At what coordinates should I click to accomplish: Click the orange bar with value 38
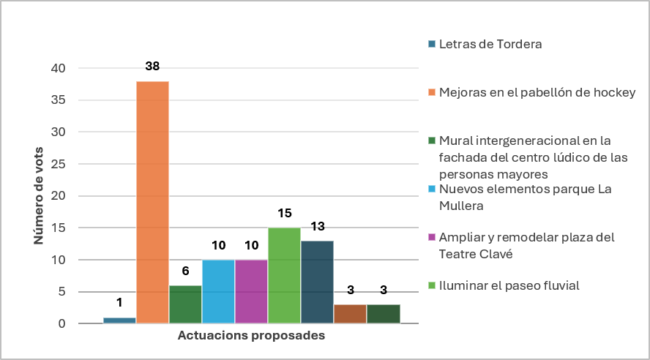pyautogui.click(x=152, y=202)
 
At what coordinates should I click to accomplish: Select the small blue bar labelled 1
pyautogui.click(x=119, y=320)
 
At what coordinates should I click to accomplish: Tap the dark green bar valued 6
pyautogui.click(x=185, y=304)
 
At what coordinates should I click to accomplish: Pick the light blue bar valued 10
pyautogui.click(x=218, y=291)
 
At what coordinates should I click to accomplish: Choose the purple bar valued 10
pyautogui.click(x=251, y=291)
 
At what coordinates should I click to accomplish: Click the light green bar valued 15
pyautogui.click(x=284, y=276)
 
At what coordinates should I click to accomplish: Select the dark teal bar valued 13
pyautogui.click(x=317, y=282)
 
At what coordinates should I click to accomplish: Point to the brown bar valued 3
pyautogui.click(x=351, y=314)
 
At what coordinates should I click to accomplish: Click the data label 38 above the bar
pyautogui.click(x=152, y=66)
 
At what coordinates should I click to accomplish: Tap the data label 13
pyautogui.click(x=318, y=226)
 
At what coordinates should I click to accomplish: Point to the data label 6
pyautogui.click(x=185, y=271)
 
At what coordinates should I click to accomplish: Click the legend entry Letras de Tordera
pyautogui.click(x=485, y=44)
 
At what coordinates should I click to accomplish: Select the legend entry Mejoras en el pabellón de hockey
pyautogui.click(x=532, y=92)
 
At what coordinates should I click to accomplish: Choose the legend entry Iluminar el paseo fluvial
pyautogui.click(x=504, y=285)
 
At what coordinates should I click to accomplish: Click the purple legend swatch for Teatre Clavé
pyautogui.click(x=432, y=237)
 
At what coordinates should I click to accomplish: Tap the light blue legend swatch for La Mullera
pyautogui.click(x=432, y=189)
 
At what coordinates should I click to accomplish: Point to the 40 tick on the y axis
pyautogui.click(x=58, y=68)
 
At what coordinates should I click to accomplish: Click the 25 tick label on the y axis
pyautogui.click(x=58, y=164)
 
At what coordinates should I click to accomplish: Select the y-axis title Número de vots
pyautogui.click(x=39, y=195)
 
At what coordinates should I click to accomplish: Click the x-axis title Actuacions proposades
pyautogui.click(x=251, y=335)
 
